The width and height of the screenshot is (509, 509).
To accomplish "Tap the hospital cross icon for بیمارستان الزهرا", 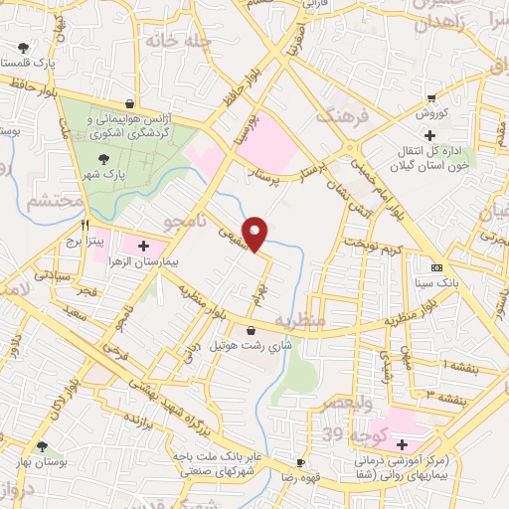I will click(143, 245).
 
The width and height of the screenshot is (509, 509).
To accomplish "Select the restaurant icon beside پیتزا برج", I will click(85, 225).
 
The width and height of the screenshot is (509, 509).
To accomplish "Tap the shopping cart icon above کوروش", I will click(429, 97).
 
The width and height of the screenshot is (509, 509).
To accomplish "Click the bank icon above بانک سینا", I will click(436, 269).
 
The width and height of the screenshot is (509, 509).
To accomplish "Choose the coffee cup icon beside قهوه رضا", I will click(299, 463).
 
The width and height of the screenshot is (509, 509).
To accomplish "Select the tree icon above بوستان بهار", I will click(41, 447).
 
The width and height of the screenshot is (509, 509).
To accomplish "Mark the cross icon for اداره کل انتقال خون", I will click(428, 135).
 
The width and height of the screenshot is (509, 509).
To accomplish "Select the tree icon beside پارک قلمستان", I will click(22, 46).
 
